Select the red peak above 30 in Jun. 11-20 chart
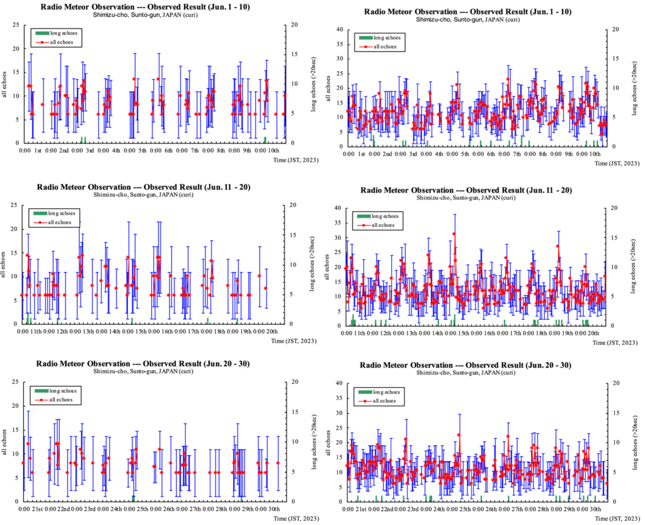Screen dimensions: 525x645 click(x=454, y=234)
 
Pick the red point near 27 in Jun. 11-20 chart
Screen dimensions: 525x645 click(x=558, y=246)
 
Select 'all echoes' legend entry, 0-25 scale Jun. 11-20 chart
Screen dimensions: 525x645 click(x=61, y=222)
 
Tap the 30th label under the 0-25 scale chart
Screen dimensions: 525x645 click(x=273, y=508)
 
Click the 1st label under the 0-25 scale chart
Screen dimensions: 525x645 click(x=38, y=152)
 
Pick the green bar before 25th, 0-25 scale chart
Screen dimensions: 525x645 click(x=134, y=498)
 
